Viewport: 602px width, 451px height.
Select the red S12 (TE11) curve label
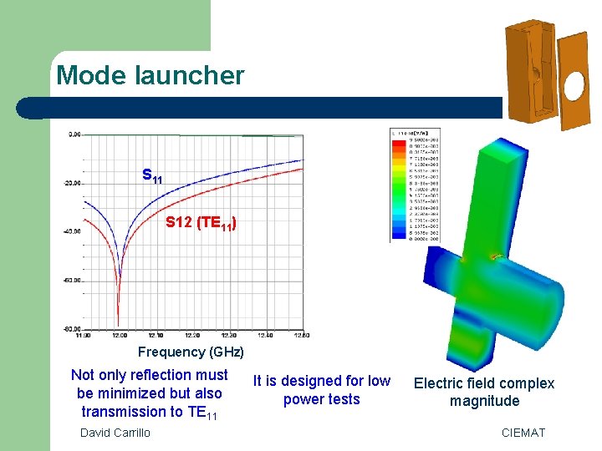201,223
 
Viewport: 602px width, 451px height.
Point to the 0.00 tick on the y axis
75,134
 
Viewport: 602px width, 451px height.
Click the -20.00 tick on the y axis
74,183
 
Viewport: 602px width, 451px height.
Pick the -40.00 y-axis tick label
74,231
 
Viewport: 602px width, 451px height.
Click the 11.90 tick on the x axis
82,335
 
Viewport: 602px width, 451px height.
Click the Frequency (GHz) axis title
191,352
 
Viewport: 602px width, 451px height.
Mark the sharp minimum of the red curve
118,324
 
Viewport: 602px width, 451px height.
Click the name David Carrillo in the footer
115,432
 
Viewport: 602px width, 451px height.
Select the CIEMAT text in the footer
523,432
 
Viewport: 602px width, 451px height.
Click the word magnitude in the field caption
484,401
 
